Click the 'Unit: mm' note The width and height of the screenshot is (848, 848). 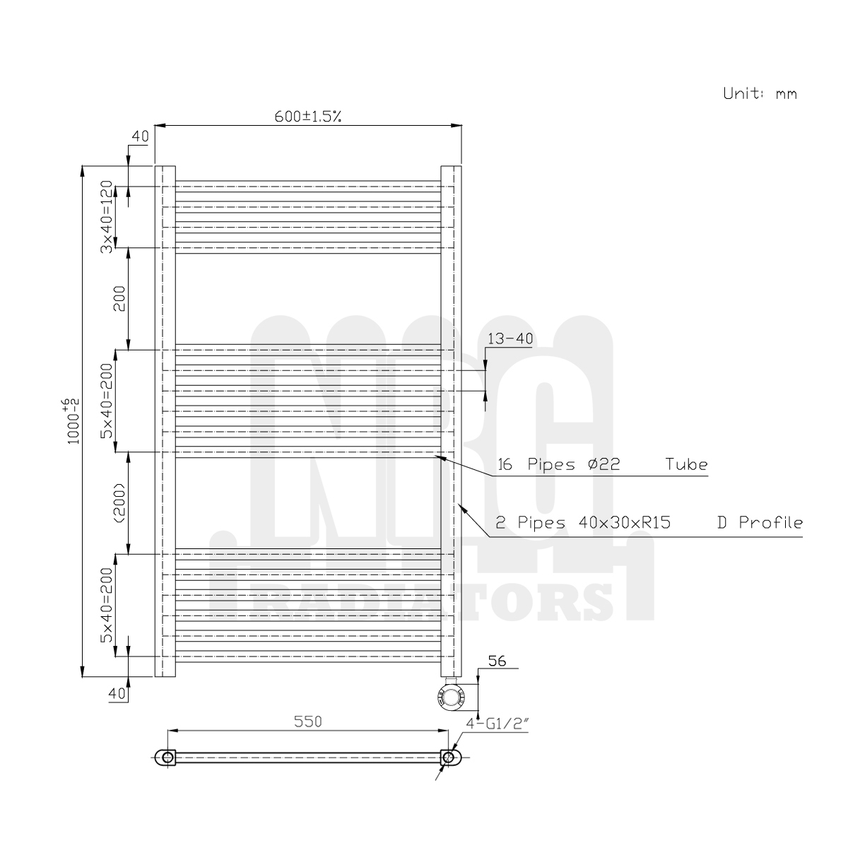[760, 93]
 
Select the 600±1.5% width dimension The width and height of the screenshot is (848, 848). [308, 117]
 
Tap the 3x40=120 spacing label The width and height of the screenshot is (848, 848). [105, 216]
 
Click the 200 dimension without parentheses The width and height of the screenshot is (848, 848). [118, 298]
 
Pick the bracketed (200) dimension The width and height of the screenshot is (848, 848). [118, 503]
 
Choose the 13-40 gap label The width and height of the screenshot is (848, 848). [510, 338]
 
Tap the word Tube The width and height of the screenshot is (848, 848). [685, 465]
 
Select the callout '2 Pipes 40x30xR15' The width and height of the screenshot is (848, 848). [584, 523]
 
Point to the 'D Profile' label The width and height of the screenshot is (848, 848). [759, 523]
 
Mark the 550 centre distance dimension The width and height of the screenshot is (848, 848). [308, 722]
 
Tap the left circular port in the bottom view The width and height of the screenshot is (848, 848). [167, 758]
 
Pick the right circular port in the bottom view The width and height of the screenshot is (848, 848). [448, 758]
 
